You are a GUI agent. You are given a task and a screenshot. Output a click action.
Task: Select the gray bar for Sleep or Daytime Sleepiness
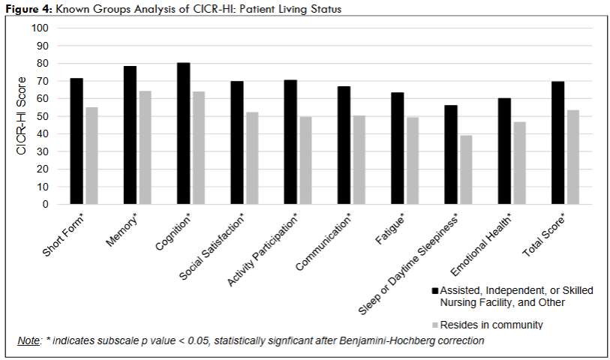click(x=466, y=169)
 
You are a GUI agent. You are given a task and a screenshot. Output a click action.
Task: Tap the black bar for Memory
click(x=130, y=135)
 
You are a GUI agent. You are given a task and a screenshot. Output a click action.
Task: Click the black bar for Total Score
click(x=557, y=142)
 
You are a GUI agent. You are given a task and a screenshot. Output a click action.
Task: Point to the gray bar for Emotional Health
click(x=519, y=163)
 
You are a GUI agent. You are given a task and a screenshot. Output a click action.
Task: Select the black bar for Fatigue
click(x=398, y=148)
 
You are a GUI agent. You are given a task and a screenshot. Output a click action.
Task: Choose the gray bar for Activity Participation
click(x=306, y=160)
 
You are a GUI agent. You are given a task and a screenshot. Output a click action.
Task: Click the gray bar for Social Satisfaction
click(x=252, y=157)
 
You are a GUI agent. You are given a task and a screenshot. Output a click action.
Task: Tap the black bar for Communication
click(x=344, y=145)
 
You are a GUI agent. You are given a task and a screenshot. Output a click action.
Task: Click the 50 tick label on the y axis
click(x=44, y=116)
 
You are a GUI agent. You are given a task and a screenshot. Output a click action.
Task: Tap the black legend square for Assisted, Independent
click(x=434, y=290)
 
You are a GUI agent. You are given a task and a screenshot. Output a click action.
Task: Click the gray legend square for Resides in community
click(x=434, y=325)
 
